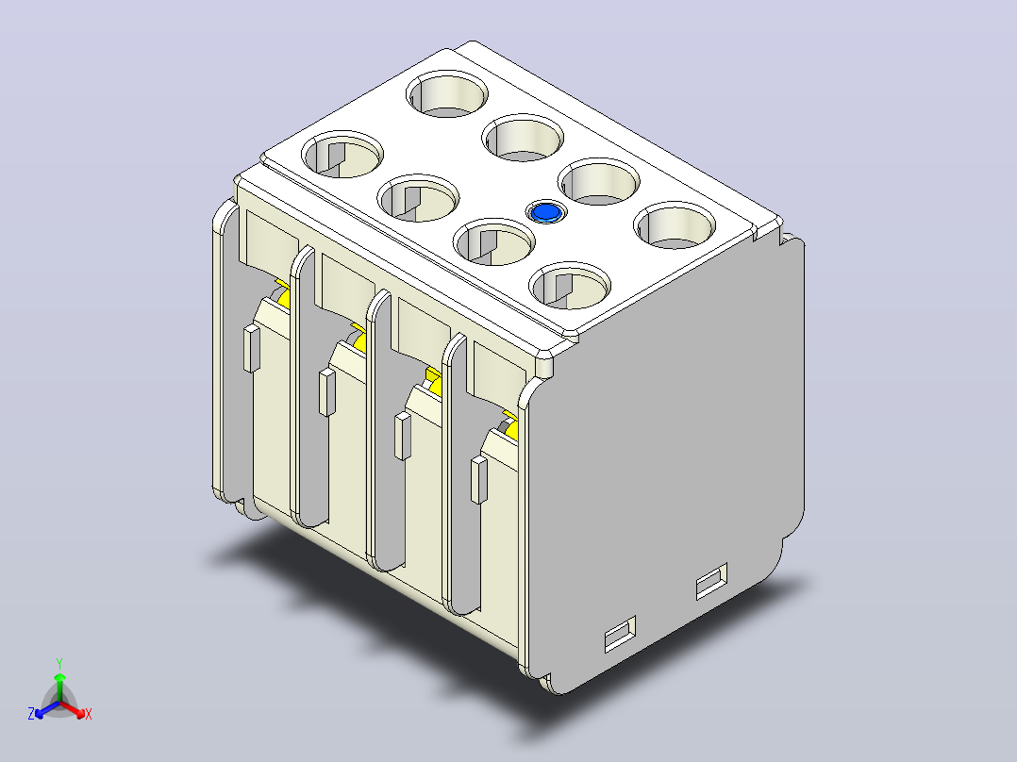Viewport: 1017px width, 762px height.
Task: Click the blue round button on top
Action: click(x=546, y=213)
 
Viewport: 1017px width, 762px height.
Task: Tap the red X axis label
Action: click(x=89, y=714)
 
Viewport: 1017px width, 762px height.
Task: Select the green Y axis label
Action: click(x=59, y=663)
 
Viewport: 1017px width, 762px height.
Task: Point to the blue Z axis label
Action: click(x=31, y=713)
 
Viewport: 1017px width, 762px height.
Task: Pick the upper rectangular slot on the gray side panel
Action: click(x=711, y=581)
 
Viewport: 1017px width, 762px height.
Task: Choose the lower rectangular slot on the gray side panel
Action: click(x=620, y=634)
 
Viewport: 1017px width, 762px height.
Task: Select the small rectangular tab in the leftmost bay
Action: click(x=252, y=349)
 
